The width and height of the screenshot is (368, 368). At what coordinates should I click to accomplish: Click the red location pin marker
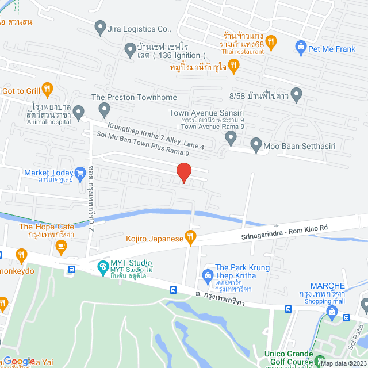pyautogui.click(x=183, y=172)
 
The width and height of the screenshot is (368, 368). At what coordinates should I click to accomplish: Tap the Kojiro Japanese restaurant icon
pyautogui.click(x=191, y=236)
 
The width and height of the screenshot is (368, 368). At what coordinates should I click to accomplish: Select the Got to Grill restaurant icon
pyautogui.click(x=48, y=90)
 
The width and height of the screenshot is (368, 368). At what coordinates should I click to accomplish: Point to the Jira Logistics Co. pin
pyautogui.click(x=101, y=26)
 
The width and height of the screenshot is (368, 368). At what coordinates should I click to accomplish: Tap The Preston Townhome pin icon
pyautogui.click(x=104, y=108)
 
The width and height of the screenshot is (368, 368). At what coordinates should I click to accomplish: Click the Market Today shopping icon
pyautogui.click(x=80, y=172)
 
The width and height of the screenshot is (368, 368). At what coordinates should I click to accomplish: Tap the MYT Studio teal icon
pyautogui.click(x=102, y=266)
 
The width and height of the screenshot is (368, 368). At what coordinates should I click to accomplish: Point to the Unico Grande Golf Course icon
pyautogui.click(x=320, y=362)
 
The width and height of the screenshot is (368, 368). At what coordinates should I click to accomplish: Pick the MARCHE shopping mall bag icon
pyautogui.click(x=331, y=312)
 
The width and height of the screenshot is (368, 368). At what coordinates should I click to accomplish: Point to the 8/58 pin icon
pyautogui.click(x=297, y=93)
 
